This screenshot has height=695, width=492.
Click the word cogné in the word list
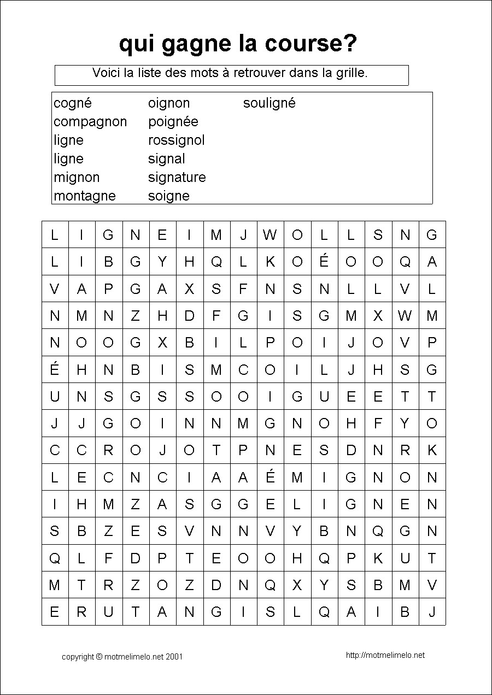tap(73, 103)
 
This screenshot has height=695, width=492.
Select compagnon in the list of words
tap(90, 122)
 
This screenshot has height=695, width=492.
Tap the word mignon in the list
tap(77, 178)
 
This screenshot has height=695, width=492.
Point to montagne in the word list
tap(85, 196)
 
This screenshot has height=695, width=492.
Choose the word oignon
tap(169, 103)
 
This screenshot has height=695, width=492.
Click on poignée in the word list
tap(173, 122)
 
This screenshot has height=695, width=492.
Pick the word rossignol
tap(176, 140)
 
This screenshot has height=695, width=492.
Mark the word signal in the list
tap(166, 159)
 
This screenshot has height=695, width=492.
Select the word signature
tap(177, 178)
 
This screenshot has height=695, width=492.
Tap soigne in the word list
tap(168, 196)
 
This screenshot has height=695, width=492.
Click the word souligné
tap(269, 103)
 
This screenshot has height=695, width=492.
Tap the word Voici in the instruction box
tap(106, 73)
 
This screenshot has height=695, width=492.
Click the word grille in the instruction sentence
tap(351, 73)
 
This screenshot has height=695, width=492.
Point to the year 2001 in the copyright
tap(174, 657)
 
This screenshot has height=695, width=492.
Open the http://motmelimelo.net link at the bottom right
tap(385, 655)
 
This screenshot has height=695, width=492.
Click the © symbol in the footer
tap(99, 657)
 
